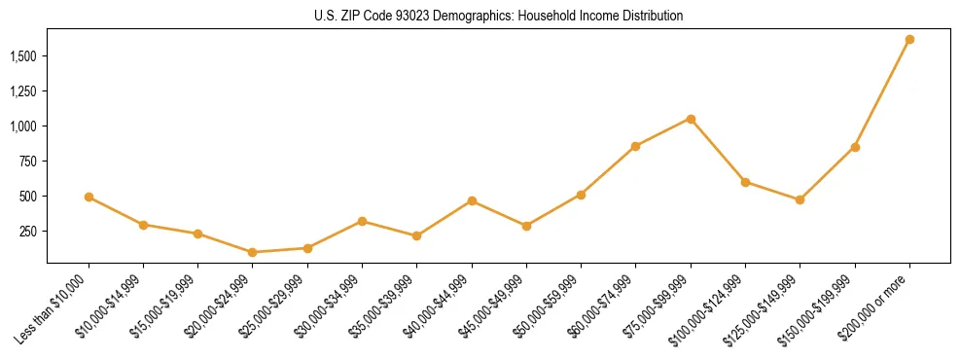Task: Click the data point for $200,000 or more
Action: click(909, 40)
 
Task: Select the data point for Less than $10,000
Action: click(89, 197)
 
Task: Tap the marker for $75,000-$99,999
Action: click(691, 119)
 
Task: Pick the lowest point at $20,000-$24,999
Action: click(253, 252)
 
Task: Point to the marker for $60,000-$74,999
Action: click(635, 146)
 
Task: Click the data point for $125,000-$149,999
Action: click(800, 199)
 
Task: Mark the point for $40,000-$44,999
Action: click(472, 200)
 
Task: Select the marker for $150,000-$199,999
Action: click(855, 147)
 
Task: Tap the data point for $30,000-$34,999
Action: click(362, 221)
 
